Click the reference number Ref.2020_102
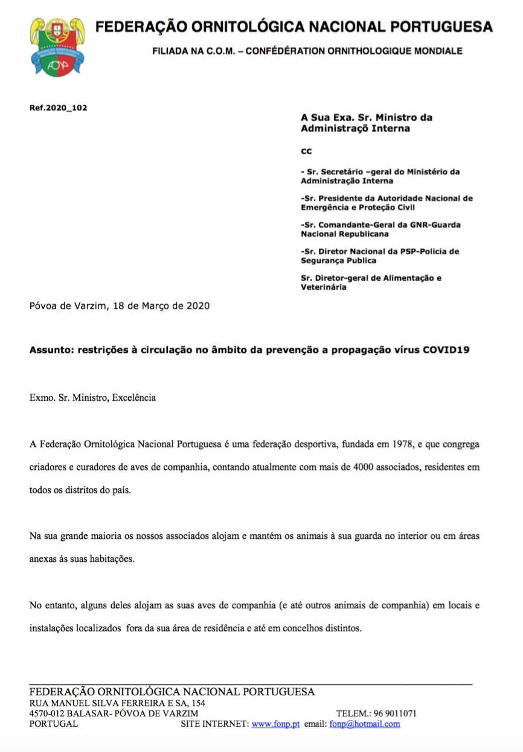pyautogui.click(x=58, y=108)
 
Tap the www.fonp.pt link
pyautogui.click(x=275, y=724)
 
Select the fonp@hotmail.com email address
pyautogui.click(x=364, y=724)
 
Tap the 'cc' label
pyautogui.click(x=306, y=151)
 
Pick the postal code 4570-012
pyautogui.click(x=48, y=713)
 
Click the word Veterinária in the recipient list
pyautogui.click(x=324, y=287)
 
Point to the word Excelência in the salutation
pyautogui.click(x=134, y=398)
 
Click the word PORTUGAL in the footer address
pyautogui.click(x=54, y=724)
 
